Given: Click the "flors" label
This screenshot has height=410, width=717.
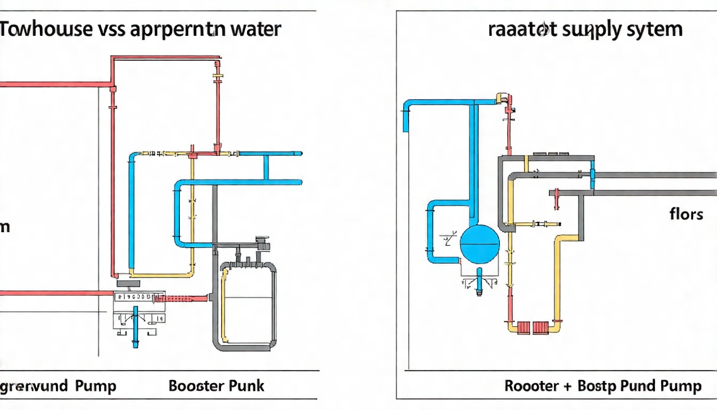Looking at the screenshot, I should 686,215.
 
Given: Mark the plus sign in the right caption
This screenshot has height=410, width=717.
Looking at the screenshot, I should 568,386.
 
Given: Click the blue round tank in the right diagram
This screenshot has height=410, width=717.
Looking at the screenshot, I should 480,245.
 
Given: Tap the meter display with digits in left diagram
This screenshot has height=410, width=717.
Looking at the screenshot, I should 133,296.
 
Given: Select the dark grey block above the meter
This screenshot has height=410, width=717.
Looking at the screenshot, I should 128,283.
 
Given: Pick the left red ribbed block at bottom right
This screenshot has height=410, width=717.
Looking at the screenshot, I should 523,327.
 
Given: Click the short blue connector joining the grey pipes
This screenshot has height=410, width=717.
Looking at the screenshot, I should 592,178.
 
